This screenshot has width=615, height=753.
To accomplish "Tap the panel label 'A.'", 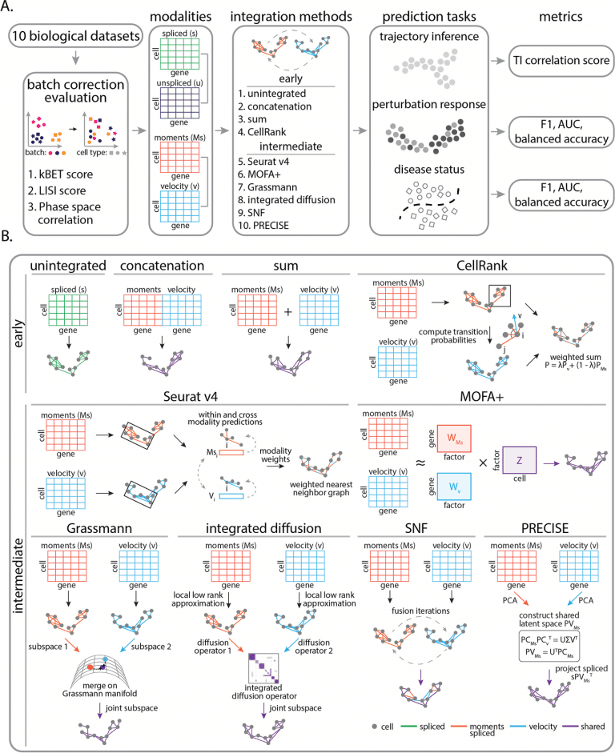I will pos(10,9).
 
